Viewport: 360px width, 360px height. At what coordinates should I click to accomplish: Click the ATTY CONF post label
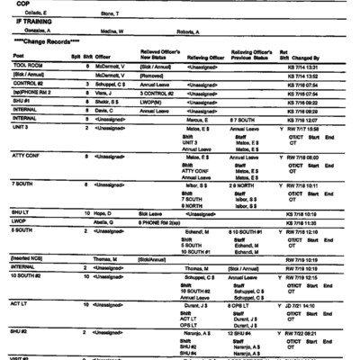(27, 159)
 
